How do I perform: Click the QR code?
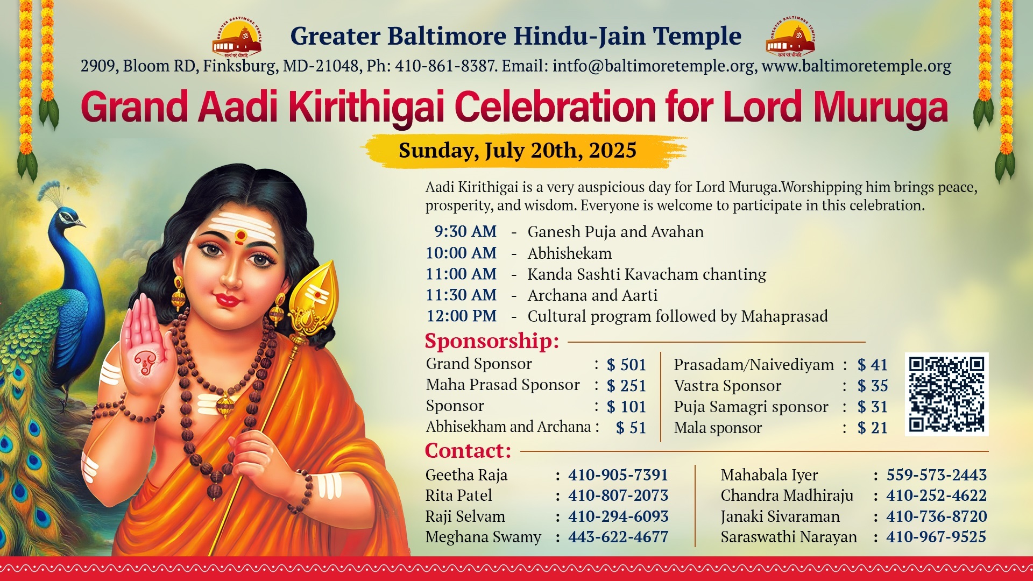pyautogui.click(x=947, y=394)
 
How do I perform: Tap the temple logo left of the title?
pyautogui.click(x=237, y=37)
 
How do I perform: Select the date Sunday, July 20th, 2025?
pyautogui.click(x=518, y=150)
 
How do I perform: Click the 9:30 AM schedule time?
pyautogui.click(x=465, y=231)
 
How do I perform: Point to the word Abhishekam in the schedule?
pyautogui.click(x=569, y=253)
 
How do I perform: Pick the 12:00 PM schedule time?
pyautogui.click(x=462, y=316)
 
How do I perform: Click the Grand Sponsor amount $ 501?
pyautogui.click(x=626, y=365)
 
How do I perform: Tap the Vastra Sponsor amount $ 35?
pyautogui.click(x=873, y=386)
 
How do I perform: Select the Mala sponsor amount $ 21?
pyautogui.click(x=873, y=428)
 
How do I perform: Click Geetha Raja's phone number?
pyautogui.click(x=618, y=474)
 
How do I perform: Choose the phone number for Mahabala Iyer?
pyautogui.click(x=937, y=474)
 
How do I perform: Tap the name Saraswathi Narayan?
pyautogui.click(x=789, y=537)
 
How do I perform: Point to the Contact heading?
pyautogui.click(x=468, y=451)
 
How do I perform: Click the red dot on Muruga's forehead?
pyautogui.click(x=240, y=235)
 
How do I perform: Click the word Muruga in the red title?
pyautogui.click(x=881, y=108)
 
